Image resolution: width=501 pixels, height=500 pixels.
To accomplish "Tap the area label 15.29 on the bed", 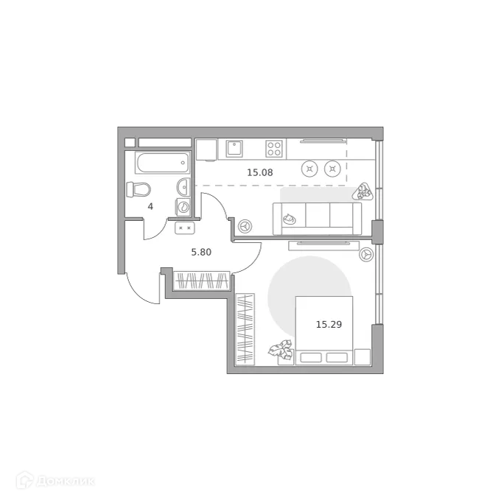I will tap(328, 323).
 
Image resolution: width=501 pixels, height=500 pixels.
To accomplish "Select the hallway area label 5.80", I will tap(201, 252).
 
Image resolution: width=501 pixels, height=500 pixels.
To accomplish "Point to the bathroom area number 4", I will tap(150, 206).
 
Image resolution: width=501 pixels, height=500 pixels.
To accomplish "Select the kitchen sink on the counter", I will tap(235, 149).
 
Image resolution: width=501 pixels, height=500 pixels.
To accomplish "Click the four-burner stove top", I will tap(275, 149).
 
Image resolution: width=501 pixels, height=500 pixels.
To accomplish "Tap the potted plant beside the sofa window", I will tap(362, 192).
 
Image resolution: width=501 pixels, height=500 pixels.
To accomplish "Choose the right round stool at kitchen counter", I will tap(334, 169).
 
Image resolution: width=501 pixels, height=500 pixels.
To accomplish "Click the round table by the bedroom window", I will tap(365, 254).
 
